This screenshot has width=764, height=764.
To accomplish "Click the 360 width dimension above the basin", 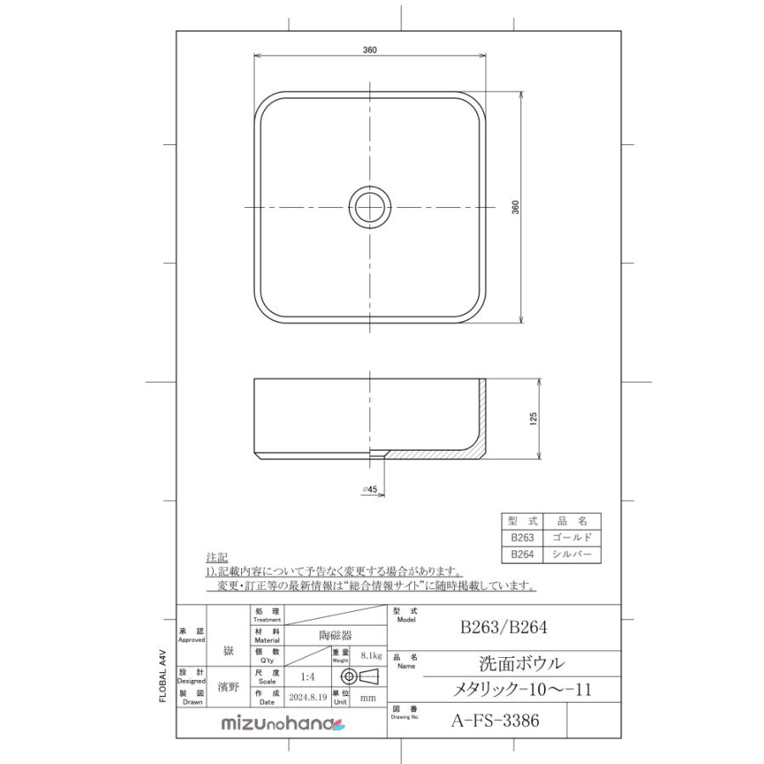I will tap(370, 50).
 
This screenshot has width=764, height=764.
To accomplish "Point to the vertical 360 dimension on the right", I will tap(515, 208).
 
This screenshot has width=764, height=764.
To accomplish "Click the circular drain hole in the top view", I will tap(371, 207).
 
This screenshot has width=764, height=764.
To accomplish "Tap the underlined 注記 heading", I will tap(216, 558).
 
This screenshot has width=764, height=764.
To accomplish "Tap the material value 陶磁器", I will tap(334, 634).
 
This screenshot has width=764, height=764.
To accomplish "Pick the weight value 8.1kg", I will tap(371, 656).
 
